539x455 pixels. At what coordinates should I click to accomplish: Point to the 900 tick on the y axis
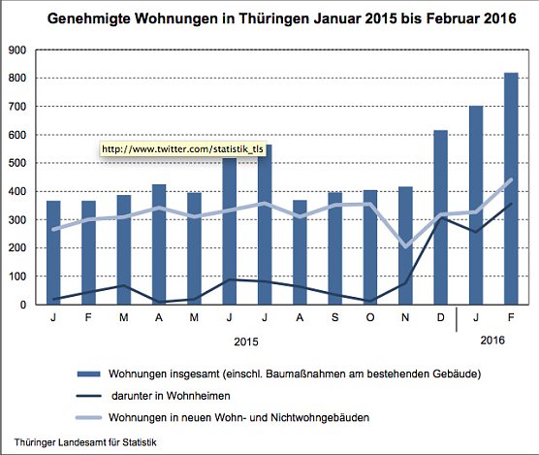point(18,50)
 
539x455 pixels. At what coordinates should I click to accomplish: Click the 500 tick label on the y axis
point(18,163)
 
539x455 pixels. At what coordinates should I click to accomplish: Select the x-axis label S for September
point(335,317)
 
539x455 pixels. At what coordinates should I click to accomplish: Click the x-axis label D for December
point(440,317)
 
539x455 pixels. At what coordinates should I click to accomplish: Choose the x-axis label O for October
point(370,317)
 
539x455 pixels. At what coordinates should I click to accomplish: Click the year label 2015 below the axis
point(246,341)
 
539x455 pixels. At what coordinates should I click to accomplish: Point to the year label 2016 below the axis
point(493,340)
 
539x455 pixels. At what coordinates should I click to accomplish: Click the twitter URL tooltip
point(181,149)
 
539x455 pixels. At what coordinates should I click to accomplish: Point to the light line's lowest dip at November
point(405,246)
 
